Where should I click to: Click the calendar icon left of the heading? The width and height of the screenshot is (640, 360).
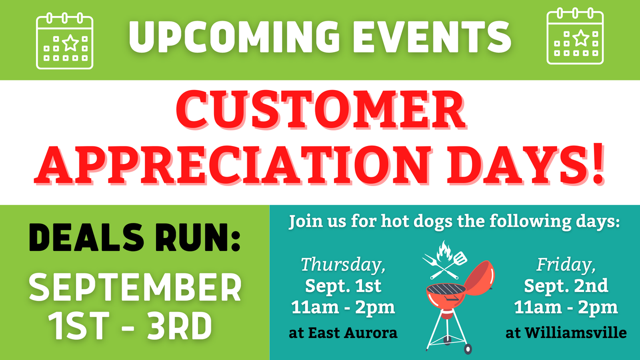(x=65, y=41)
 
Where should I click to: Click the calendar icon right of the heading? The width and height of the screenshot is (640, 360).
(x=575, y=37)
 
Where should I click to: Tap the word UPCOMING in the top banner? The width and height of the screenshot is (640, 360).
(x=234, y=37)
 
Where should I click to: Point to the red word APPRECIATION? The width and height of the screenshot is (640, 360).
(x=234, y=165)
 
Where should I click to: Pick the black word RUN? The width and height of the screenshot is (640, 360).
(x=198, y=238)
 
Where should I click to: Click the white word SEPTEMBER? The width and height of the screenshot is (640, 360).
(x=135, y=288)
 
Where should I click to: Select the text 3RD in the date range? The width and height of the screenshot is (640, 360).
(x=179, y=326)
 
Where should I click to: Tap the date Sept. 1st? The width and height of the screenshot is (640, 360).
(x=343, y=286)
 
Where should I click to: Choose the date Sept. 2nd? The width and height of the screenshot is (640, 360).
(x=566, y=286)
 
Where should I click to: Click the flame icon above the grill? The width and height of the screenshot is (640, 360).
(x=444, y=251)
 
